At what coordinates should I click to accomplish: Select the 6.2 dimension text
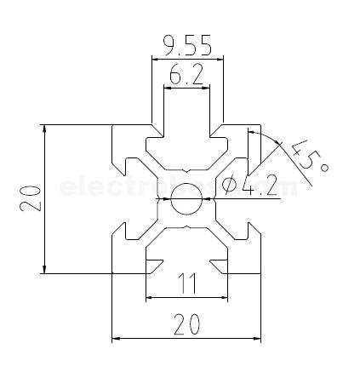186,76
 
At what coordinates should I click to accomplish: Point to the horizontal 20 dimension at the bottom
186,324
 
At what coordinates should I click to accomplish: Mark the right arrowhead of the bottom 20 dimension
255,338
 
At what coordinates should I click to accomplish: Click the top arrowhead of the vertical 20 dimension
44,129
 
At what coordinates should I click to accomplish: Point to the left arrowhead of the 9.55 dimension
156,60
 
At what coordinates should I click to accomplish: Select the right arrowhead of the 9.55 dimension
219,60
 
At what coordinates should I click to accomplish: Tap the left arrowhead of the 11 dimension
151,298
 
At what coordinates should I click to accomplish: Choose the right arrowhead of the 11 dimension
223,298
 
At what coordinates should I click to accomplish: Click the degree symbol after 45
323,169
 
